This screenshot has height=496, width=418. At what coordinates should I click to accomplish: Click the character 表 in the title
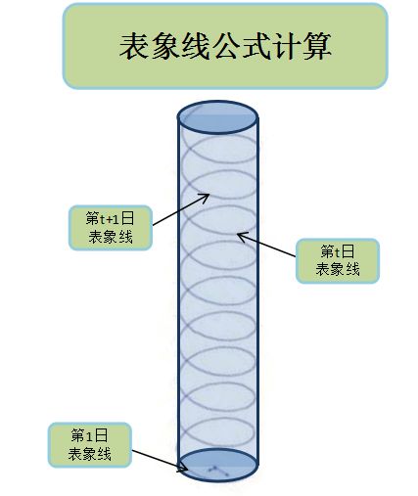[134, 46]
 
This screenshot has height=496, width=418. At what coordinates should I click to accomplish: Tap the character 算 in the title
[317, 46]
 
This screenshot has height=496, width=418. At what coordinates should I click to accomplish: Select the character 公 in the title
[226, 46]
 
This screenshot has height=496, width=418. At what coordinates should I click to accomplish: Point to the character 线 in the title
[195, 46]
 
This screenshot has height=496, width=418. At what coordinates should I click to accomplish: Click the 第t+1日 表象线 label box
[111, 228]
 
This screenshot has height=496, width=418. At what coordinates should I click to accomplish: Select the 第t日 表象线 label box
[338, 261]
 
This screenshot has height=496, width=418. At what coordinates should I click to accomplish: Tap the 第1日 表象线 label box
[90, 445]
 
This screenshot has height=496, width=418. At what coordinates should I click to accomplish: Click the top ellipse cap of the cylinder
[217, 117]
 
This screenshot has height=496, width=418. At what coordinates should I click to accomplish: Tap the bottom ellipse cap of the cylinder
[217, 465]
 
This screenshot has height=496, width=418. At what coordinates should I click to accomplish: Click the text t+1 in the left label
[110, 218]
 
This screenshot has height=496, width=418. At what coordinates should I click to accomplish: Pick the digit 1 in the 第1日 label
[89, 435]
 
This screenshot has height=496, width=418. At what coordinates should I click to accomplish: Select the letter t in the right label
[338, 252]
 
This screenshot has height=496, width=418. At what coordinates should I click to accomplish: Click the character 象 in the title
[164, 46]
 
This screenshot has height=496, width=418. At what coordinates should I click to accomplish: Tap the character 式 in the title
[256, 46]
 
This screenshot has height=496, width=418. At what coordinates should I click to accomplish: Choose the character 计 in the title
[287, 46]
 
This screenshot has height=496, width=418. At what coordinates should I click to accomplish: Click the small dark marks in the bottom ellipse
[218, 471]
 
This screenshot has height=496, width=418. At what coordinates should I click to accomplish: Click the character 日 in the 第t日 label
[348, 251]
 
